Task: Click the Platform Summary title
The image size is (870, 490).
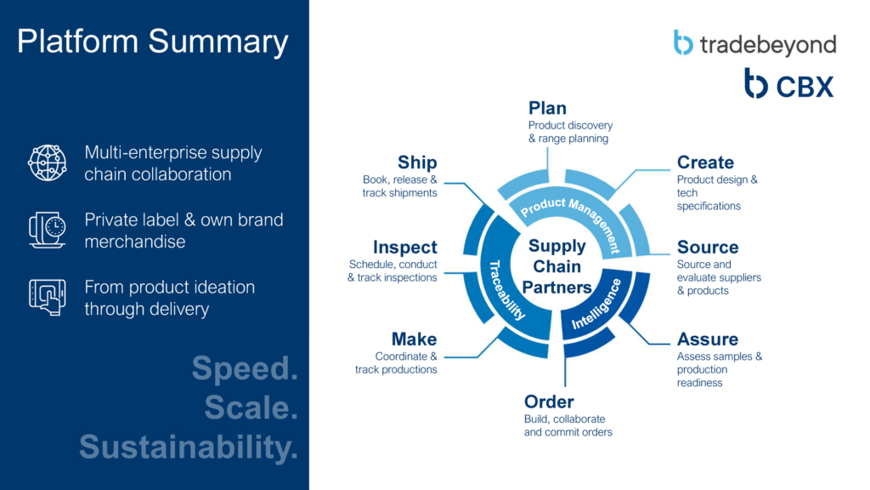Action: (x=153, y=43)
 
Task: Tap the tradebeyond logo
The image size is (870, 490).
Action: (x=754, y=43)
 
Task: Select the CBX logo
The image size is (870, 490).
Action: (x=788, y=83)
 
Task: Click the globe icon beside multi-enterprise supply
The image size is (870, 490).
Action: (x=48, y=162)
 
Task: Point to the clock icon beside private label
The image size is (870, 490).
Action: (x=48, y=230)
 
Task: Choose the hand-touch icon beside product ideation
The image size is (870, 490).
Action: (x=48, y=297)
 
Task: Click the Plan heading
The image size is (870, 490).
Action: (x=547, y=108)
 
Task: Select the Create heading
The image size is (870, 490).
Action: (x=705, y=162)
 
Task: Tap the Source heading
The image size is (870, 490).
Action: (x=708, y=247)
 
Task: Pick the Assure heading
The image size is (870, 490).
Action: (x=708, y=339)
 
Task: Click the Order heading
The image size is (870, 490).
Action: (x=549, y=402)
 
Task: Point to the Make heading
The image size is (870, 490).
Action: (x=414, y=339)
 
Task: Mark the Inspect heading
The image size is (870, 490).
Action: (x=405, y=248)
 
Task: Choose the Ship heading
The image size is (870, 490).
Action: (x=417, y=162)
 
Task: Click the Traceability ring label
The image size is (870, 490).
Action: (x=506, y=290)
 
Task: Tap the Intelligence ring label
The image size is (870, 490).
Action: (x=596, y=305)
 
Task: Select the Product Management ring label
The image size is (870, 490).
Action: (x=572, y=221)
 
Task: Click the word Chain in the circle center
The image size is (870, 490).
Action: (x=556, y=266)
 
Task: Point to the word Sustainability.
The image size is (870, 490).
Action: (x=189, y=447)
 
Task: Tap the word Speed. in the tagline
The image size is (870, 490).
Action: (x=246, y=367)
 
